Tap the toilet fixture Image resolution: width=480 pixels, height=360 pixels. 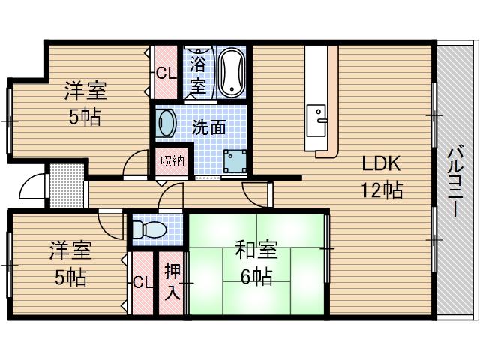click(151, 229)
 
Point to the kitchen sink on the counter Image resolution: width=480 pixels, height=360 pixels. click(320, 120)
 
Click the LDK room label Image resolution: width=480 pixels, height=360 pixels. click(383, 165)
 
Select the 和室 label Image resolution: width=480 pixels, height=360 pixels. click(256, 247)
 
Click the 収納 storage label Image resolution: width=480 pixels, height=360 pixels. click(171, 161)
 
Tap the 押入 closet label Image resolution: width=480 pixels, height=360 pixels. click(171, 281)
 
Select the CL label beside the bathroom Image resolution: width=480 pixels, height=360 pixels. click(166, 73)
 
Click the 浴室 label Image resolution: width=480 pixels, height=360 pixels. click(197, 74)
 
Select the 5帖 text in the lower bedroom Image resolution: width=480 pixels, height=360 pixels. click(70, 277)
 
